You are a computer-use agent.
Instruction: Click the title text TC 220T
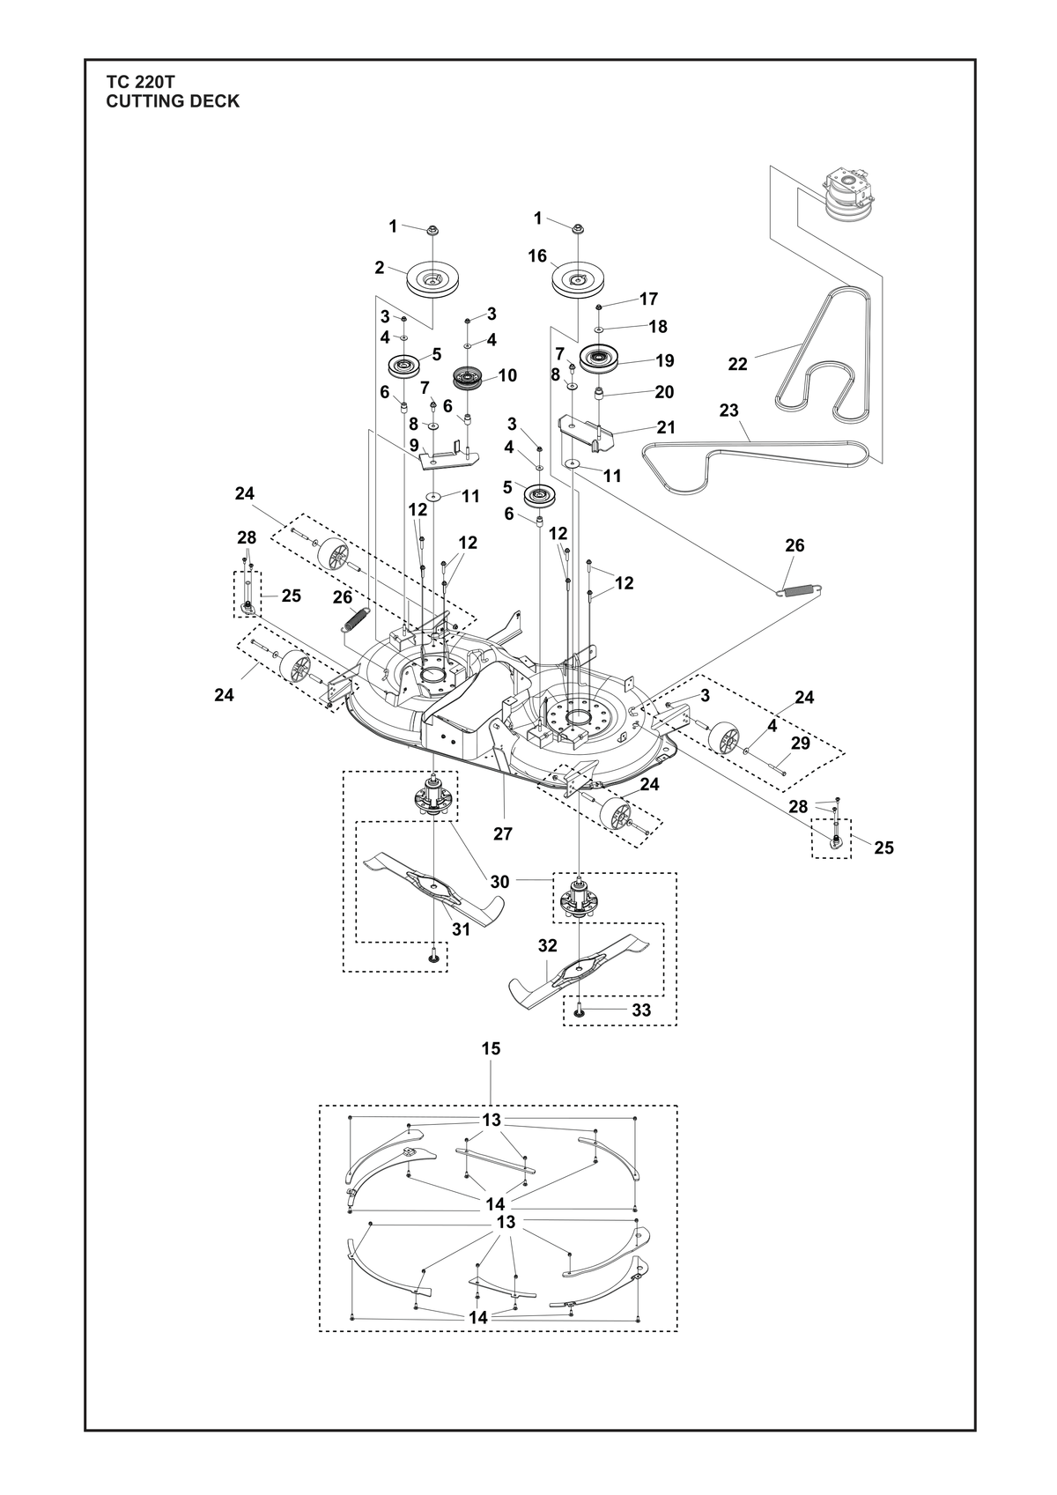pos(140,82)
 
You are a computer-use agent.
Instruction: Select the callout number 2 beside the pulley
pos(380,268)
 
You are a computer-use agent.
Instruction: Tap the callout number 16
pos(537,256)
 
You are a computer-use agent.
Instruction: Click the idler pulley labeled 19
pos(601,359)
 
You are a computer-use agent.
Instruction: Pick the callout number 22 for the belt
pos(738,364)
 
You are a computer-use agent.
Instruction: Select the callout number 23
pos(729,410)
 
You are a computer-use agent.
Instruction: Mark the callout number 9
pos(414,444)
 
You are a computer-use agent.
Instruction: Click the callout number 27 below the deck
pos(502,833)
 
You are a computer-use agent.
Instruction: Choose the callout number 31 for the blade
pos(461,929)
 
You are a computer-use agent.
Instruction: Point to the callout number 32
pos(547,946)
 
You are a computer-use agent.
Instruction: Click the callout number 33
pos(641,1029)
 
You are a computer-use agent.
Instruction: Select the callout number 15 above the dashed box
pos(491,1067)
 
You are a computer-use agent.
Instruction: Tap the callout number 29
pos(800,743)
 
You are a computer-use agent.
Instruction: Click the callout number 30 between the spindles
pos(499,882)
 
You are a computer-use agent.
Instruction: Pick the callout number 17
pos(648,299)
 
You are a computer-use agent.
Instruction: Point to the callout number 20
pos(664,392)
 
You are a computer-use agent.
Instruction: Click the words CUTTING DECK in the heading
pos(173,101)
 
